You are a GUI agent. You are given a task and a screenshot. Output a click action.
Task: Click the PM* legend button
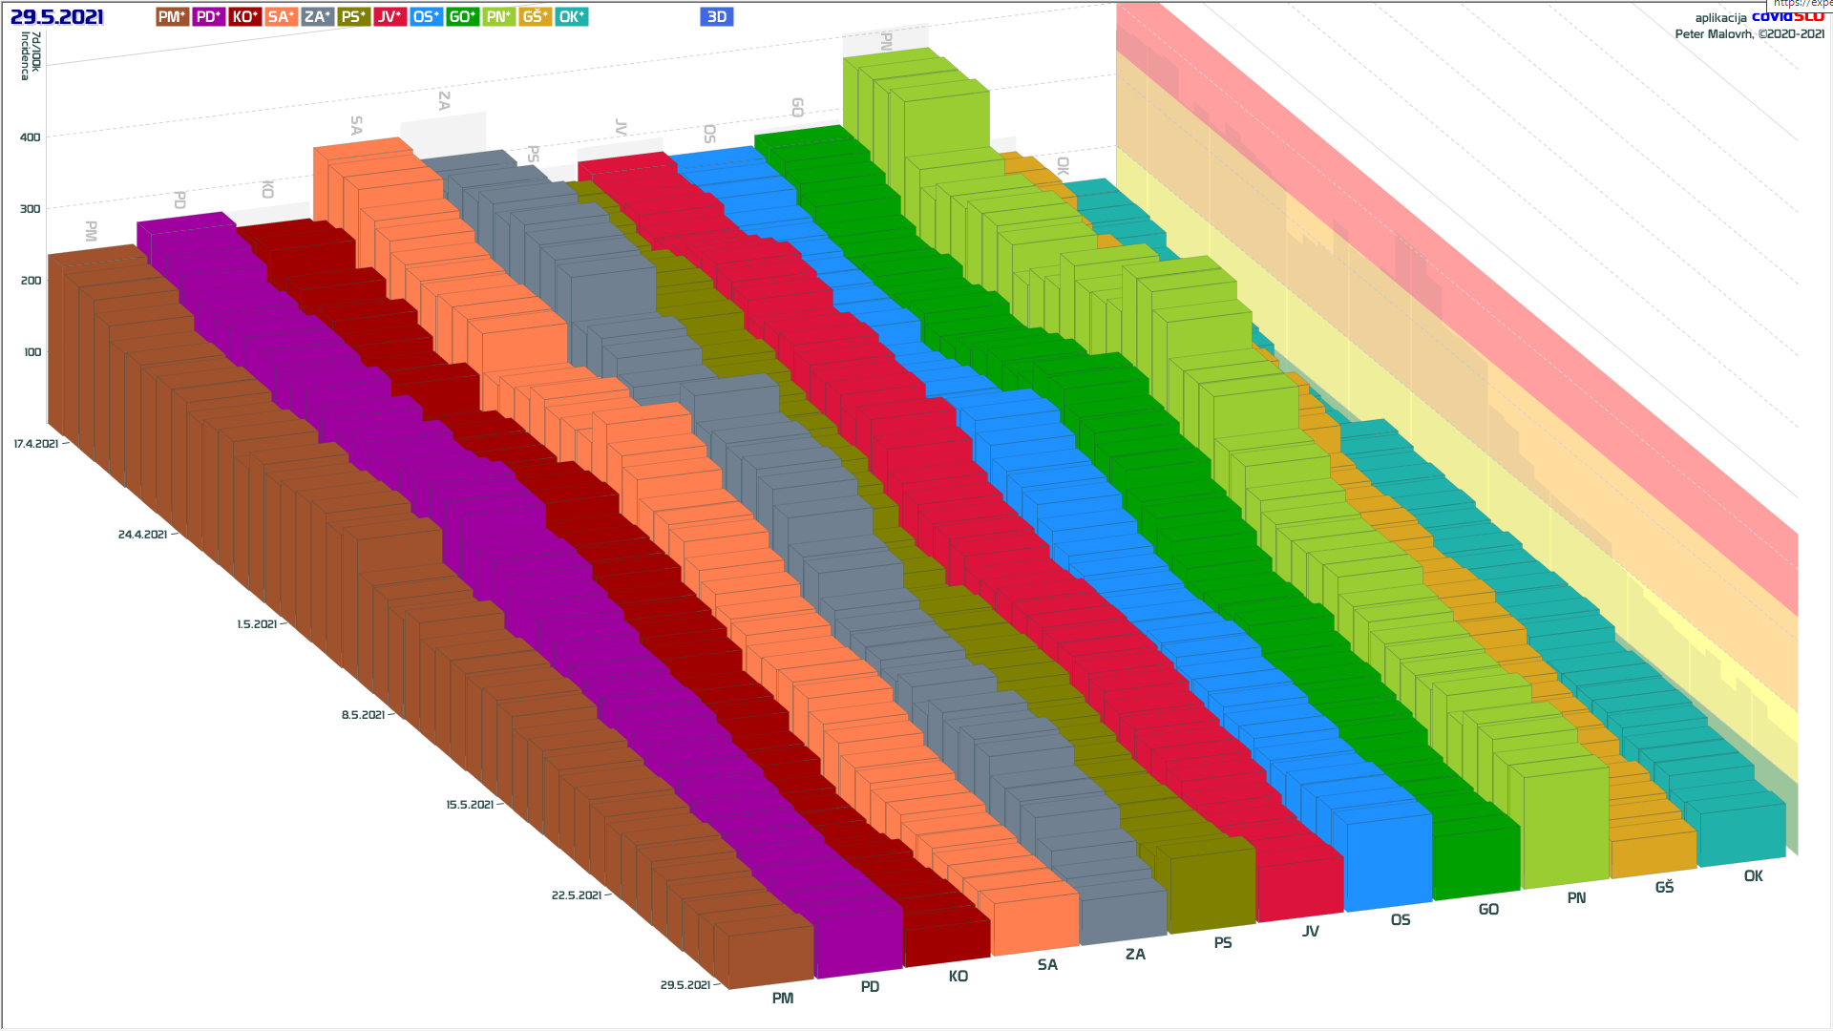coord(173,17)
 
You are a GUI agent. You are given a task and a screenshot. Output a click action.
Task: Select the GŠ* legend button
coord(536,17)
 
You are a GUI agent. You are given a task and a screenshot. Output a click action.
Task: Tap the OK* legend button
coord(572,17)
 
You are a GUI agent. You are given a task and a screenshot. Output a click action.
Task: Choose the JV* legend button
coord(390,17)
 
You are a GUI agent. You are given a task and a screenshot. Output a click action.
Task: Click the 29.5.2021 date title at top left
coord(57,17)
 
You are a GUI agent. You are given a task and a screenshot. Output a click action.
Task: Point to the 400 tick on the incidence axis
coord(31,137)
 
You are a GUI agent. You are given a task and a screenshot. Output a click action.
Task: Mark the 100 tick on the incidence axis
coord(32,352)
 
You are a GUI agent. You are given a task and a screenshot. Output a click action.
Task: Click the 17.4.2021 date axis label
coord(36,444)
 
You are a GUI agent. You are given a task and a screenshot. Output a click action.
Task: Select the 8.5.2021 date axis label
coord(363,715)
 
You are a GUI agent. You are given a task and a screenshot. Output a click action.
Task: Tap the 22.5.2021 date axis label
coord(576,895)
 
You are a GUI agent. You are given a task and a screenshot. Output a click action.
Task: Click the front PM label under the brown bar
coord(783,999)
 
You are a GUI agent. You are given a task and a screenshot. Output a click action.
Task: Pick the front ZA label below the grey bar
coord(1135,955)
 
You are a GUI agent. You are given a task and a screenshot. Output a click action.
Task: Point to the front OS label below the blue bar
coord(1401,920)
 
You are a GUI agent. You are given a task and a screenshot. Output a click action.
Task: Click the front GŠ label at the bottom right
coord(1664,888)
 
